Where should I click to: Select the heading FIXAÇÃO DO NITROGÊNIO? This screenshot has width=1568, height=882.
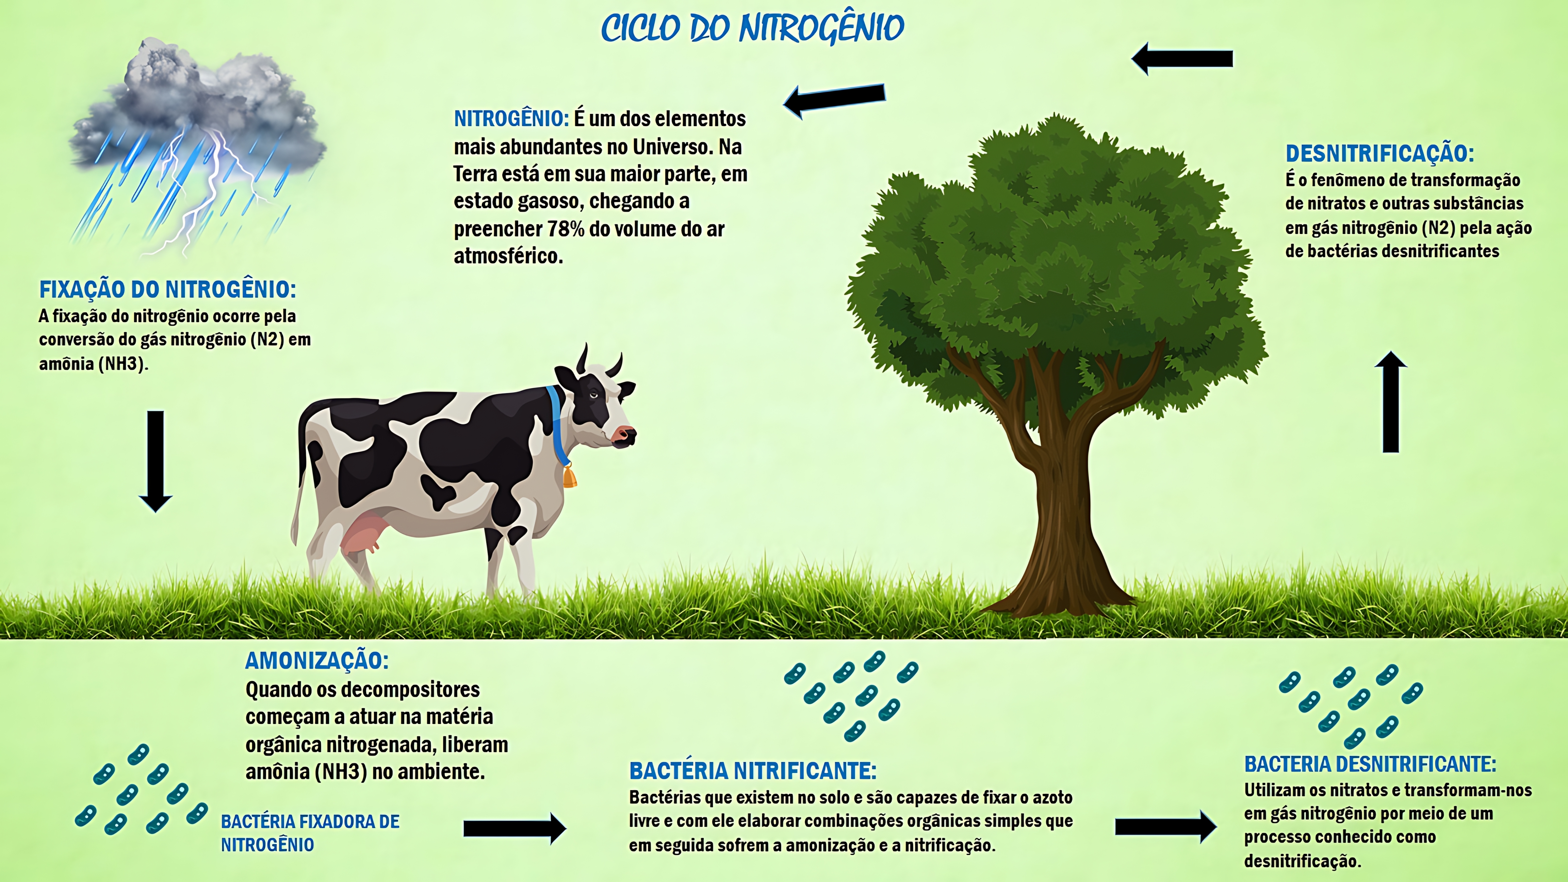[x=167, y=290]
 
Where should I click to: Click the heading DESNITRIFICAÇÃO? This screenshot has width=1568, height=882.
[x=1379, y=154]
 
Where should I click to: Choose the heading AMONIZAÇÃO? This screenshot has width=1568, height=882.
[x=317, y=661]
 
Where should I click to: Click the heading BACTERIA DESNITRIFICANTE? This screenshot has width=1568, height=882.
[x=1370, y=764]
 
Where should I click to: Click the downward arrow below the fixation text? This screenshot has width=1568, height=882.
[x=156, y=461]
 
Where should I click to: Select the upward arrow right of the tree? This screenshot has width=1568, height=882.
[x=1391, y=402]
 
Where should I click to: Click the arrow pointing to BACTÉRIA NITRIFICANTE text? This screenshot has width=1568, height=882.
[x=514, y=828]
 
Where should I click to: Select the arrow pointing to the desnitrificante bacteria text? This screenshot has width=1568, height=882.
[x=1165, y=826]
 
